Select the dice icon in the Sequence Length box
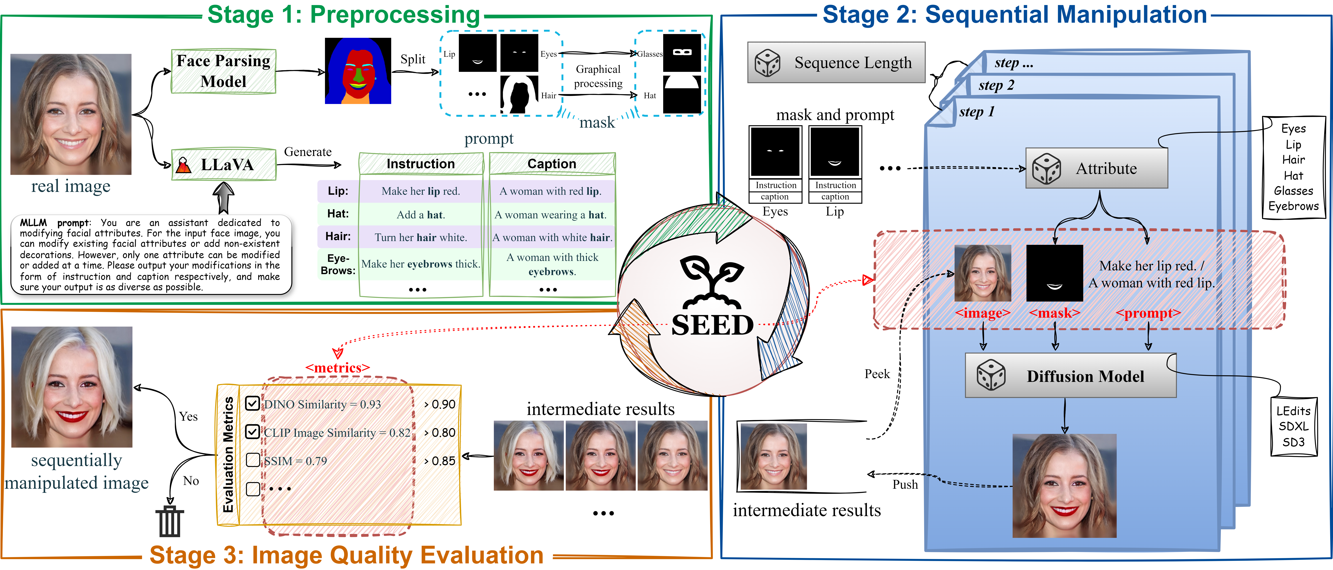pyautogui.click(x=767, y=63)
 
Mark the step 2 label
pyautogui.click(x=996, y=85)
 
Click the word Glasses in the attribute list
pyautogui.click(x=1293, y=191)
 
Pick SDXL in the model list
pyautogui.click(x=1293, y=426)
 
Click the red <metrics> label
pyautogui.click(x=337, y=368)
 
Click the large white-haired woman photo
pyautogui.click(x=72, y=387)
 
